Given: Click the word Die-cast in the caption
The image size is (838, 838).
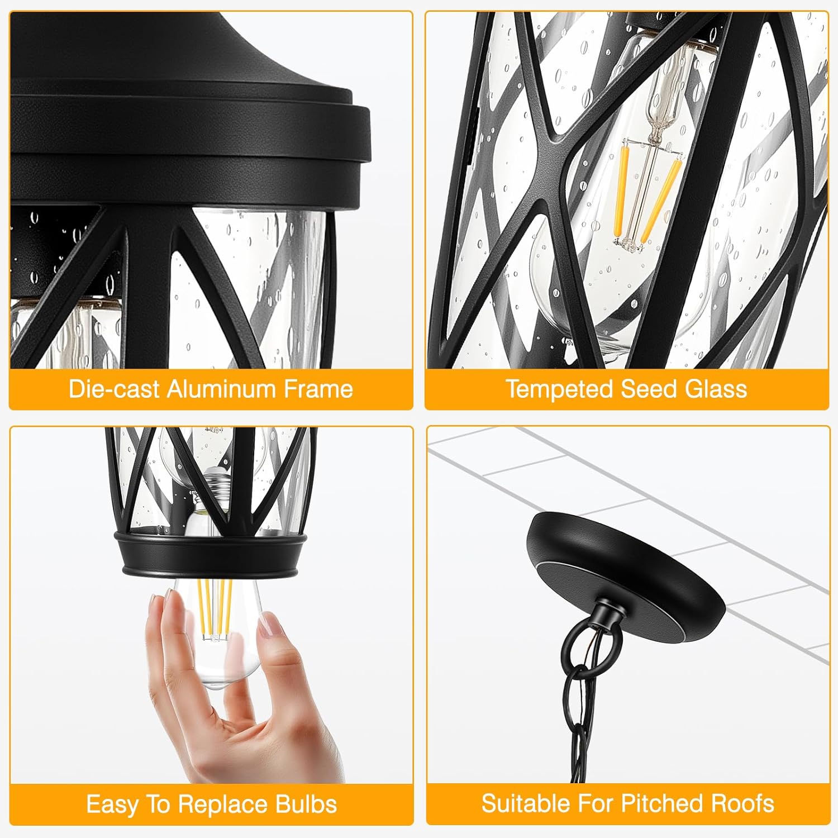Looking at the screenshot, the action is [115, 389].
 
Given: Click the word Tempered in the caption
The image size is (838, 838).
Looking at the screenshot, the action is [560, 389].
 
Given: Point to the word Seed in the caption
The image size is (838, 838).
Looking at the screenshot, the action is [650, 389].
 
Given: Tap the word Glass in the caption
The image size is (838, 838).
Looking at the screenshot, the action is [716, 389].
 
